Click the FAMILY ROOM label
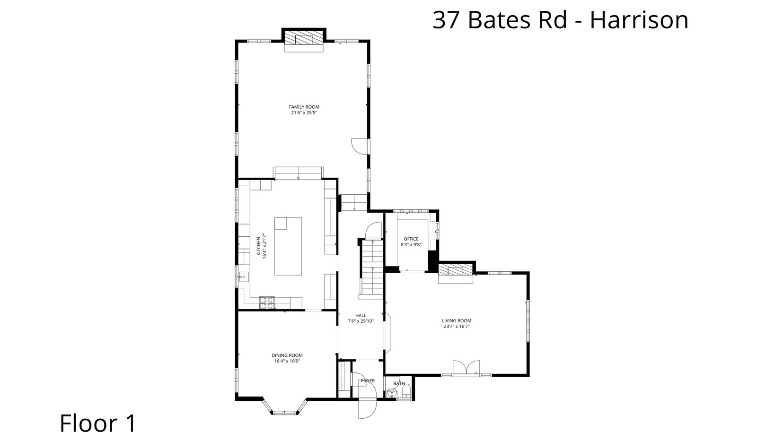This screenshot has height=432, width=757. (x=304, y=107)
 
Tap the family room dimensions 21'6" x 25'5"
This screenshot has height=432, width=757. (x=304, y=112)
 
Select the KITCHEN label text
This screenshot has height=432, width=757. (x=258, y=246)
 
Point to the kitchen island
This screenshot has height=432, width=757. (x=288, y=246)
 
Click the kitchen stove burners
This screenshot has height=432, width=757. (x=267, y=303)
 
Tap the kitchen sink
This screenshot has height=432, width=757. (x=243, y=277)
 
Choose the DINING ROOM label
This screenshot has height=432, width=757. (x=287, y=355)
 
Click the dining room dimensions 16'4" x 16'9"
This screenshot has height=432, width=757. (x=287, y=361)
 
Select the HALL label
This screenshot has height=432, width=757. (x=361, y=316)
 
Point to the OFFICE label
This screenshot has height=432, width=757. (x=411, y=239)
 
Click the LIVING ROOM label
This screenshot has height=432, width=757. (x=457, y=320)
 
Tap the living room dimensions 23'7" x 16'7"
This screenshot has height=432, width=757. (x=457, y=326)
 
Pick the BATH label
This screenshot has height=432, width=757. (x=399, y=383)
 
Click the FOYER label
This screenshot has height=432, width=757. (x=368, y=380)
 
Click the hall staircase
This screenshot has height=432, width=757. (x=372, y=269)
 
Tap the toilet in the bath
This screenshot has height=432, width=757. (x=406, y=391)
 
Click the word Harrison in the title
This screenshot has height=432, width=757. (x=639, y=20)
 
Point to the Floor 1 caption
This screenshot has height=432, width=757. (x=97, y=423)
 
